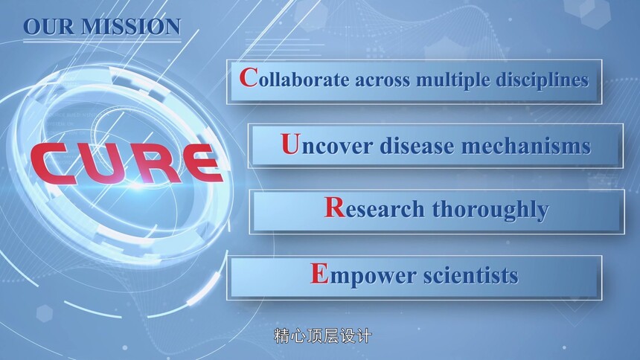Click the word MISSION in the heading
131,27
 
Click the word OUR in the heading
49,27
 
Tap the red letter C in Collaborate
249,77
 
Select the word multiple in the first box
452,80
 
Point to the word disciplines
543,79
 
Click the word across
382,80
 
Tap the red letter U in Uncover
291,144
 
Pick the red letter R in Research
335,208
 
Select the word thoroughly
490,210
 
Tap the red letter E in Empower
319,273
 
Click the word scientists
470,275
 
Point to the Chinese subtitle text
323,336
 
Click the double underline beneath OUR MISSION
102,40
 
